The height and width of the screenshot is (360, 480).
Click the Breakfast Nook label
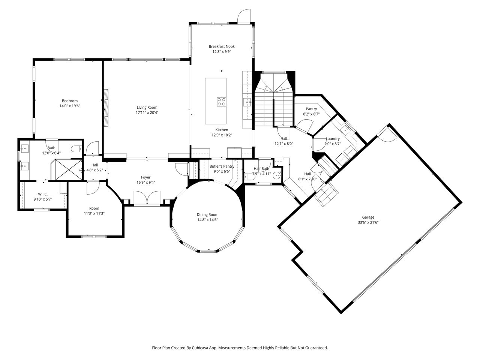pyautogui.click(x=222, y=46)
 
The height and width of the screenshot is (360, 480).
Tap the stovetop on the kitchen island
pyautogui.click(x=221, y=102)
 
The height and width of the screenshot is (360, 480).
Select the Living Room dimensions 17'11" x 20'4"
pyautogui.click(x=147, y=112)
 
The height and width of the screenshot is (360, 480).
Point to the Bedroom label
pyautogui.click(x=70, y=101)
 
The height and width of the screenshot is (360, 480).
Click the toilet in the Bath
pyautogui.click(x=76, y=149)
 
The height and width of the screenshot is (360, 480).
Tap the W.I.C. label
pyautogui.click(x=43, y=194)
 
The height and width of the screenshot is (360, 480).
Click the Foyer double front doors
pyautogui.click(x=147, y=198)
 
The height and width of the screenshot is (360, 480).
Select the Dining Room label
pyautogui.click(x=207, y=214)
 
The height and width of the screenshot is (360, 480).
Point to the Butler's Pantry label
pyautogui.click(x=222, y=166)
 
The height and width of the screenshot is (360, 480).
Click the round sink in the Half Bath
pyautogui.click(x=277, y=175)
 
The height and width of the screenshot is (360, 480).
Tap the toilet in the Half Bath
pyautogui.click(x=249, y=177)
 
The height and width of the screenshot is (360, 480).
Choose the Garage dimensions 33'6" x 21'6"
pyautogui.click(x=368, y=222)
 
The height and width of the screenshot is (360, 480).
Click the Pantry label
pyautogui.click(x=311, y=109)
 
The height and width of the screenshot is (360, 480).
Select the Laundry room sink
pyautogui.click(x=346, y=130)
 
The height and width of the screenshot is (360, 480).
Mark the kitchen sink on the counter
pyautogui.click(x=247, y=102)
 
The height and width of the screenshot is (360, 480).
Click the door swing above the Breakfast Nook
pyautogui.click(x=244, y=15)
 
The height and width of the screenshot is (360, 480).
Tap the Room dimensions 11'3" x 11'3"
pyautogui.click(x=94, y=213)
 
